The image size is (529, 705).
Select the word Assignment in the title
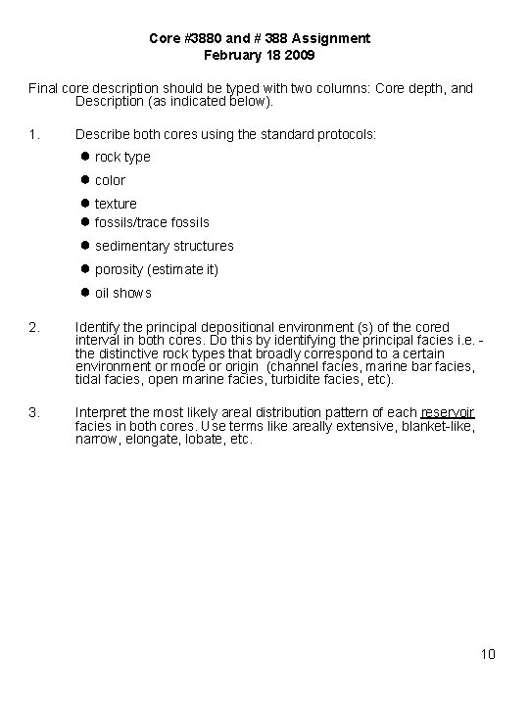click(335, 38)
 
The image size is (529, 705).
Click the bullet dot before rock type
click(86, 157)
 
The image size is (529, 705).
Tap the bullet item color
click(110, 180)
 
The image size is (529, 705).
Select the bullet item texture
click(116, 204)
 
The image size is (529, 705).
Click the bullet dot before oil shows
click(86, 293)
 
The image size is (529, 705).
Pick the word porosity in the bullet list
click(120, 269)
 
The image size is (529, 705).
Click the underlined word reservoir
click(448, 412)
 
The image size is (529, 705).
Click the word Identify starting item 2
click(98, 326)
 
